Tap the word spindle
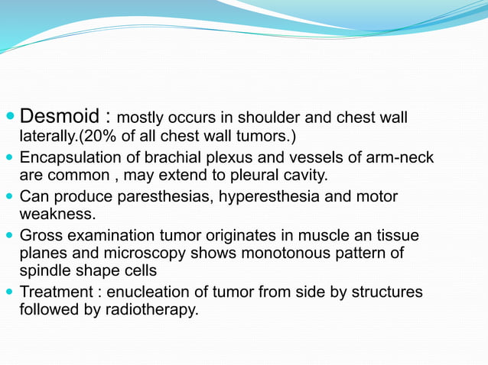[45, 272]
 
